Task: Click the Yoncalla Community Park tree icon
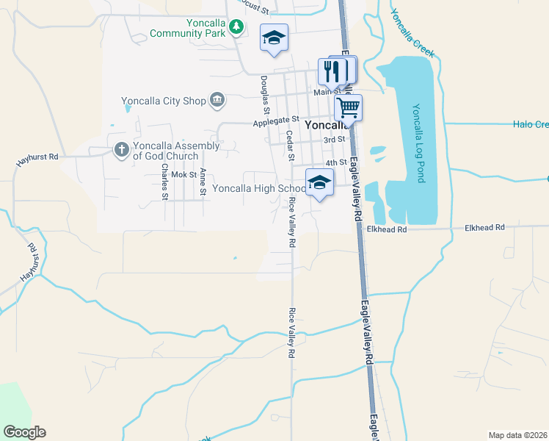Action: coord(236,28)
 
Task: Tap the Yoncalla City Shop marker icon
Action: coord(217,99)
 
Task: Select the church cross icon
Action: coord(122,150)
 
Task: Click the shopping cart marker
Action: coord(348,107)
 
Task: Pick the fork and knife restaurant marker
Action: coord(332,71)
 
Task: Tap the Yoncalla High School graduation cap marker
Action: coord(319,182)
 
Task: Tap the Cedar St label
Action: coord(290,146)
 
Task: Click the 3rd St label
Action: coord(335,139)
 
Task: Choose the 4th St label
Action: coord(335,162)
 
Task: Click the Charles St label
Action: coord(165,182)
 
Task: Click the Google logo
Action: coord(24,432)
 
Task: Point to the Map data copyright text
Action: coord(517,434)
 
